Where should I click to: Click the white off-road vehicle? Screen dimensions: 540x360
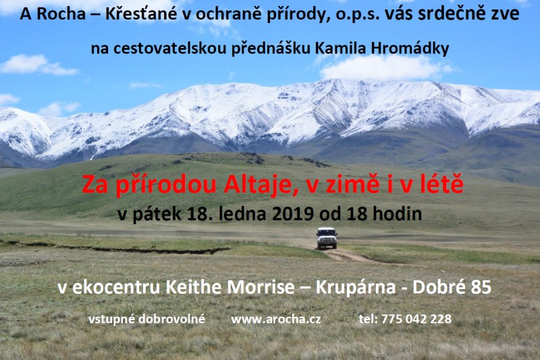point(327,238)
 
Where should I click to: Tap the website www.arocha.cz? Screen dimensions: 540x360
point(276,319)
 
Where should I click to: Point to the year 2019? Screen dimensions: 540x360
point(293,214)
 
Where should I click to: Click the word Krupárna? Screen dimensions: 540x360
point(356,287)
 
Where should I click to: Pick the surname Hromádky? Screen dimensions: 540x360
point(410,48)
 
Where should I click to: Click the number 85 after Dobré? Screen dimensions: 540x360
point(481,287)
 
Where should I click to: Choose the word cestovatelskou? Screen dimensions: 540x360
point(170,49)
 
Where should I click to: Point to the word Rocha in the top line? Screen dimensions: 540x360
point(61,14)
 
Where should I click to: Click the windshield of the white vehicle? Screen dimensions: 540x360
point(327,232)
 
